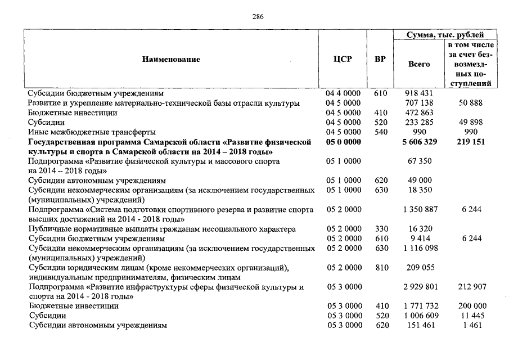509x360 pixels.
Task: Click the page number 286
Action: pyautogui.click(x=258, y=16)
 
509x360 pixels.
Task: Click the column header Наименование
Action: pyautogui.click(x=171, y=59)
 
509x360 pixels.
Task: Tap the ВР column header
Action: pyautogui.click(x=380, y=59)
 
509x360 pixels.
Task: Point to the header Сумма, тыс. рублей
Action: pyautogui.click(x=445, y=35)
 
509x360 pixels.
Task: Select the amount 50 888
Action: pyautogui.click(x=471, y=103)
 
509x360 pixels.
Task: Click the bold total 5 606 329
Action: pyautogui.click(x=418, y=142)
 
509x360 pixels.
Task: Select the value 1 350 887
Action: pyautogui.click(x=418, y=210)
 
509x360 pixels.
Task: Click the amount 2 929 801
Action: pyautogui.click(x=418, y=287)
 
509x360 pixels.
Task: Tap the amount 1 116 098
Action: pyautogui.click(x=418, y=249)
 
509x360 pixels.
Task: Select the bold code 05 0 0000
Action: pyautogui.click(x=343, y=142)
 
